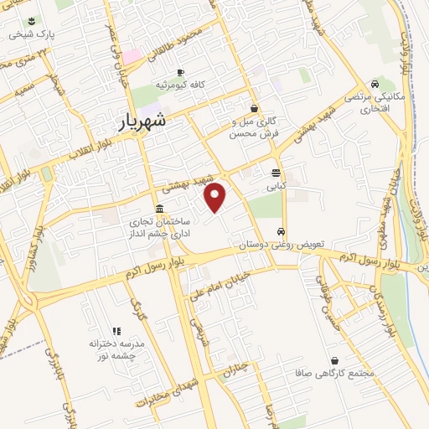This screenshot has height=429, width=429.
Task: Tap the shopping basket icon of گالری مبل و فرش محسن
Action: (254, 108)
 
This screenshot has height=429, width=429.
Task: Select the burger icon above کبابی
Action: (277, 173)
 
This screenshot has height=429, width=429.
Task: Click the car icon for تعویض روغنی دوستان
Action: (282, 231)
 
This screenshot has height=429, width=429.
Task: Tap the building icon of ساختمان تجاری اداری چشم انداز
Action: (159, 209)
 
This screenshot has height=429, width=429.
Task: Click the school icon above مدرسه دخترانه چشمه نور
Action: (116, 332)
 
